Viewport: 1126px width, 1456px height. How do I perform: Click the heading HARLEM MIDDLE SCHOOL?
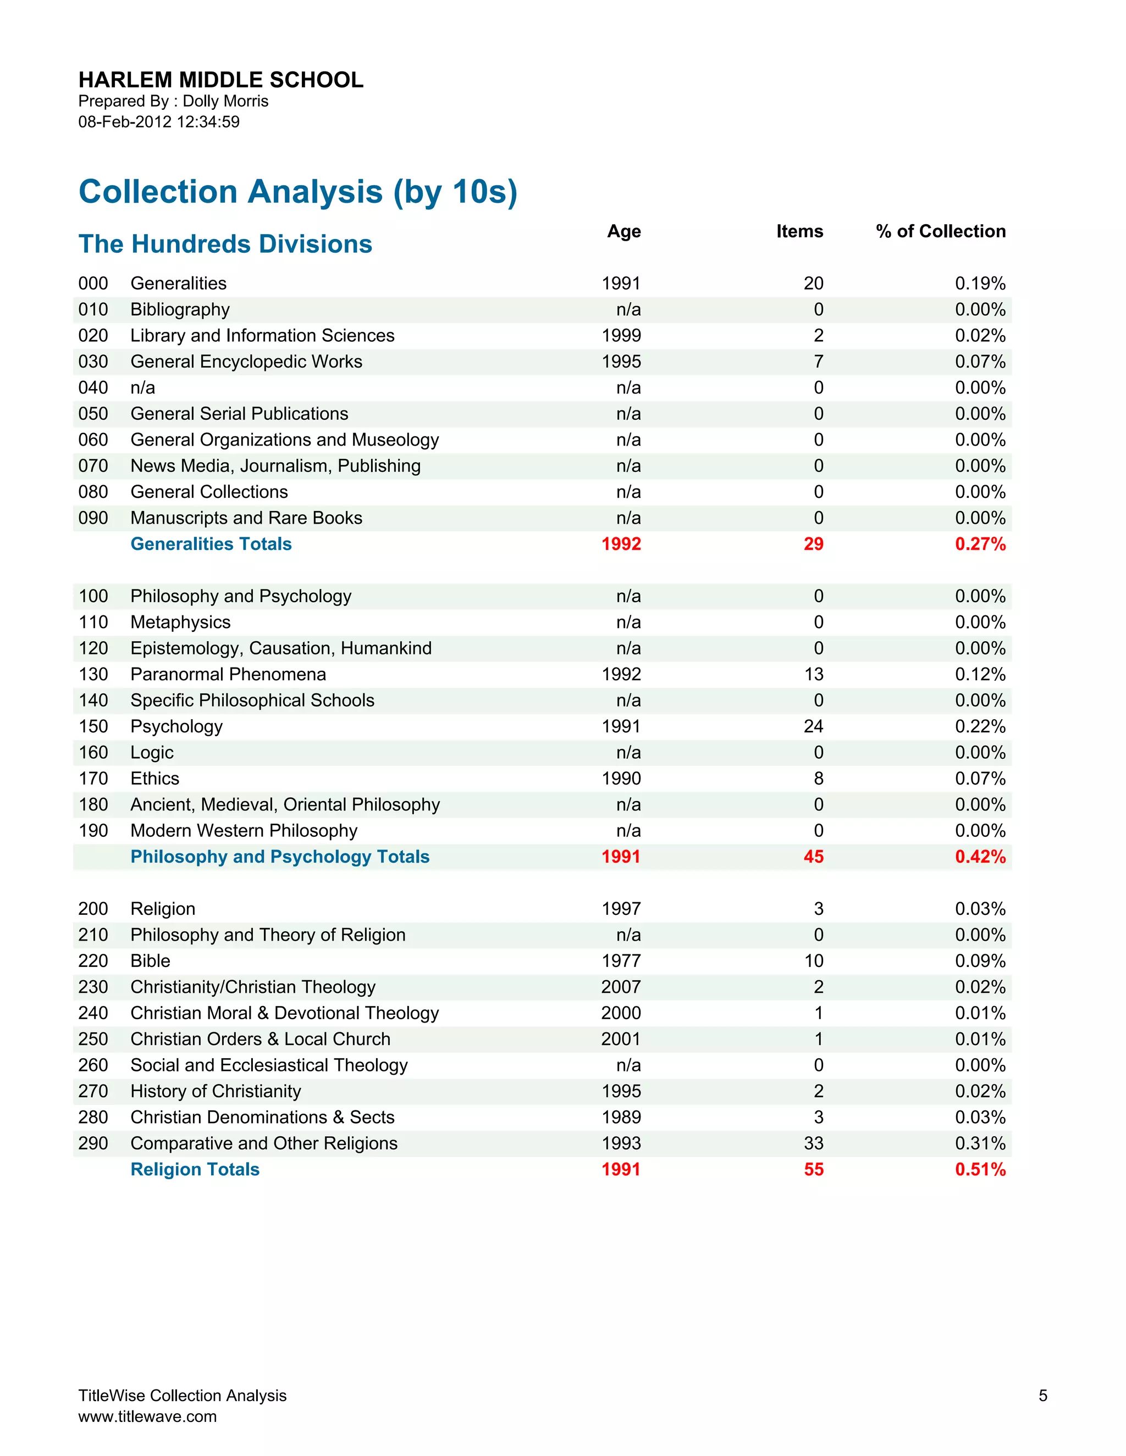point(221,80)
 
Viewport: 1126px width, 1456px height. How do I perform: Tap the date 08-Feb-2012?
point(125,122)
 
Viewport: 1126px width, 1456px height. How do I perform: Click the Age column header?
point(623,231)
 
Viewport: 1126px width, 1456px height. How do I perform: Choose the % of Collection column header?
point(941,231)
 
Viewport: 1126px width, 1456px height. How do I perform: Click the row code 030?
point(93,362)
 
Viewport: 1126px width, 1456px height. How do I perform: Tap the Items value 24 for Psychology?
point(813,726)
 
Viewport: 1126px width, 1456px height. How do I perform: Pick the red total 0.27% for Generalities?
point(980,544)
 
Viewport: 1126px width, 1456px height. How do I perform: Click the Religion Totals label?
point(195,1169)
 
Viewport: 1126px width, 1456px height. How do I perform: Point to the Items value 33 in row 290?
point(813,1143)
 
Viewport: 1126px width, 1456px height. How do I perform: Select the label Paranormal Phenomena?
point(228,674)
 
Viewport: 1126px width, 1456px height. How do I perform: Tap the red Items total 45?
point(813,857)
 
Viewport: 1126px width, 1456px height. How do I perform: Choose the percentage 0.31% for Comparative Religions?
point(980,1143)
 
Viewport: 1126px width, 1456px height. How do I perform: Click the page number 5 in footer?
point(1042,1396)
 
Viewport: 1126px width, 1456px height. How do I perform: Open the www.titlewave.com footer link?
point(147,1416)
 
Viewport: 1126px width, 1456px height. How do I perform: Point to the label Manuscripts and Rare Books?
point(246,518)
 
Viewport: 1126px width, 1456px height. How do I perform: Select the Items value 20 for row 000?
point(813,284)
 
